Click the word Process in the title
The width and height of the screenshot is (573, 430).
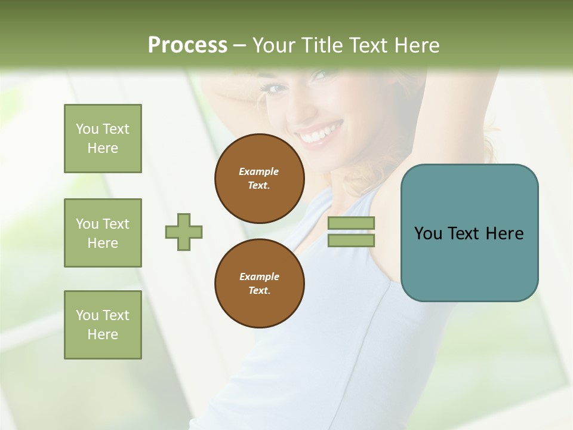click(187, 45)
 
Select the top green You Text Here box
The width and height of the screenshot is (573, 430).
click(103, 139)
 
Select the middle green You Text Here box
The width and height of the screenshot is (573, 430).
click(103, 233)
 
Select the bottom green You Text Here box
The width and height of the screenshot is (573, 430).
click(103, 325)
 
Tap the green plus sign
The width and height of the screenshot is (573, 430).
click(184, 232)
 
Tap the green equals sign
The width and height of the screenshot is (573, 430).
click(351, 232)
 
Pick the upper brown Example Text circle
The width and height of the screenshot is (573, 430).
click(260, 179)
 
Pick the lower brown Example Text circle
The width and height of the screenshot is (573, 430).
click(260, 284)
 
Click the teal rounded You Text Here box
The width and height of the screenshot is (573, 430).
click(469, 233)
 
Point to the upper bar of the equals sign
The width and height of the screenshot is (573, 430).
click(351, 223)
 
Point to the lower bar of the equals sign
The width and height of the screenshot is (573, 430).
click(351, 240)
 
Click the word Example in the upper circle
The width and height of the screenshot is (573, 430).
click(259, 171)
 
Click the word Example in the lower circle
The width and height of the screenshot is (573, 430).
click(259, 277)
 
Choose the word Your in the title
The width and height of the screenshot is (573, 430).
click(273, 45)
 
